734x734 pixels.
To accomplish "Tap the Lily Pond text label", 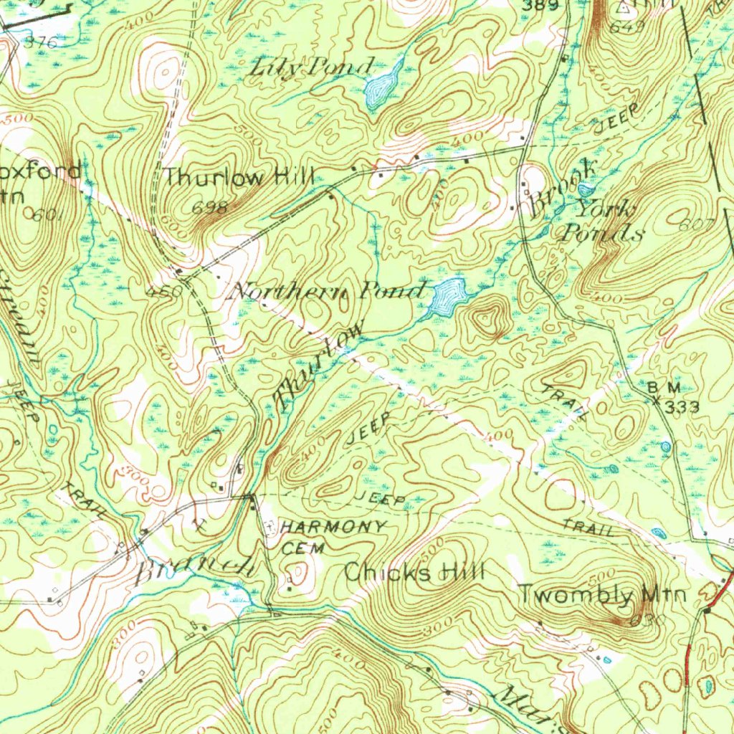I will coord(313,68).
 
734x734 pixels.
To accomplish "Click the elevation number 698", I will coord(210,208).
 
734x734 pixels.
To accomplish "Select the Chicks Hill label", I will coord(414,572).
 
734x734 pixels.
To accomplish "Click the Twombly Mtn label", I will coord(602,594).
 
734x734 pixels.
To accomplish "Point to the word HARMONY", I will coord(334,527).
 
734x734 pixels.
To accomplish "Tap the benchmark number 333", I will coord(681,407).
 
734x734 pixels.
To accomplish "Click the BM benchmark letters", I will coord(663,388).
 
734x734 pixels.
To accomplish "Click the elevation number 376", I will coord(41,42).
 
